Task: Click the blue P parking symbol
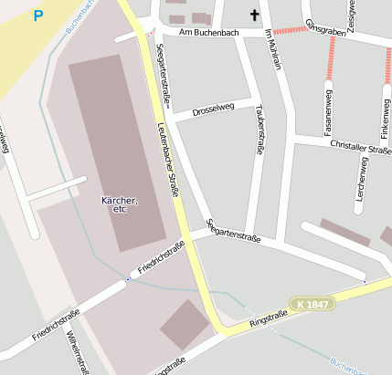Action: click(37, 16)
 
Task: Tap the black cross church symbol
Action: click(253, 15)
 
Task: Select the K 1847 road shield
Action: click(312, 303)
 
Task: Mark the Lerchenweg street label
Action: click(363, 178)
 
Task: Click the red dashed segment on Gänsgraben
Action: click(291, 30)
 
